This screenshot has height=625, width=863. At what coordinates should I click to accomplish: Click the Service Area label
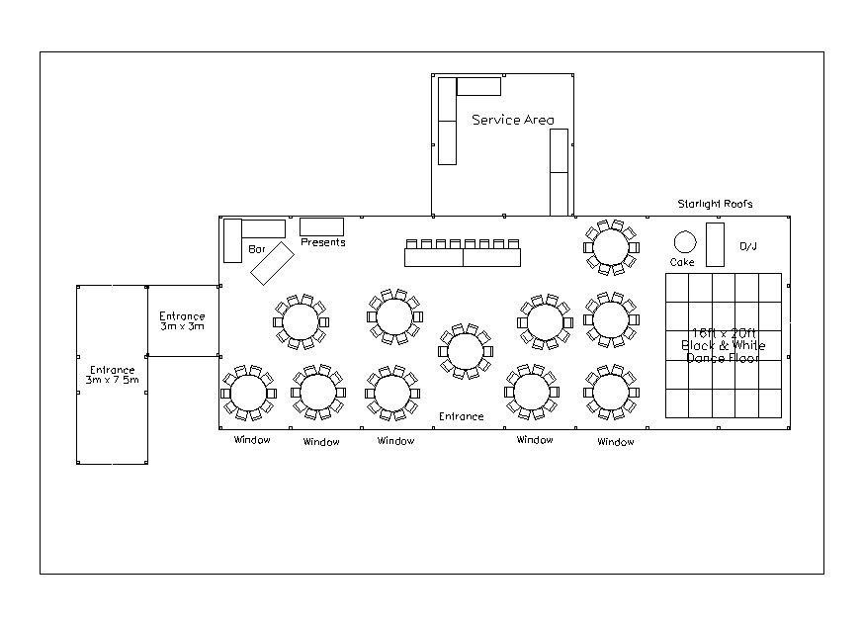[x=513, y=120]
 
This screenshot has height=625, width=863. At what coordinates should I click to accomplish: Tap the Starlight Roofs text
[x=715, y=204]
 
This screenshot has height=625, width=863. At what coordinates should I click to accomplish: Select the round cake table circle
[x=685, y=241]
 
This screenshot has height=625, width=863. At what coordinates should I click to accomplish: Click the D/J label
[x=748, y=246]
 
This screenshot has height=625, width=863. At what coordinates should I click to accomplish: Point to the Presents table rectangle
[x=321, y=226]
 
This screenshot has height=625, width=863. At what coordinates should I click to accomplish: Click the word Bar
[x=257, y=249]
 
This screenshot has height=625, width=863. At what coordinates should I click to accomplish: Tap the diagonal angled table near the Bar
[x=273, y=263]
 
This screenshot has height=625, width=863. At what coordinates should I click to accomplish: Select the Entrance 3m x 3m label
[x=182, y=321]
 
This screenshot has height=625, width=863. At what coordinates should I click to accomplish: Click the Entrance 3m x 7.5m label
[x=113, y=375]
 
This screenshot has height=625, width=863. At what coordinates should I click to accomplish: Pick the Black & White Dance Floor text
[x=724, y=346]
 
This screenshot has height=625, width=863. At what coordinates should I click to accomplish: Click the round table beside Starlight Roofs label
[x=612, y=247]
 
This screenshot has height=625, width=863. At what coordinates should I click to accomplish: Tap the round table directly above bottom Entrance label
[x=466, y=351]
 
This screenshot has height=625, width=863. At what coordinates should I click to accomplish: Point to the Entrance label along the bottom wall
[x=462, y=416]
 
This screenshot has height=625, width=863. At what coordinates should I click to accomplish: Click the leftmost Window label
[x=252, y=439]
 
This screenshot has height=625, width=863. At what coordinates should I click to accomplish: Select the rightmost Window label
[x=616, y=442]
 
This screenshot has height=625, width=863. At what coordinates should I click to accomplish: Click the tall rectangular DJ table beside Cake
[x=715, y=244]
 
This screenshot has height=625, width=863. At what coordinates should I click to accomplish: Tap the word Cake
[x=682, y=262]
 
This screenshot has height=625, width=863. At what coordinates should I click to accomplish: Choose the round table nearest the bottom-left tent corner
[x=249, y=393]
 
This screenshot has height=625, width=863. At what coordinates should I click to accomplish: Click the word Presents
[x=323, y=242]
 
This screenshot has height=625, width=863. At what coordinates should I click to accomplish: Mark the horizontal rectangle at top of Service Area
[x=478, y=86]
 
